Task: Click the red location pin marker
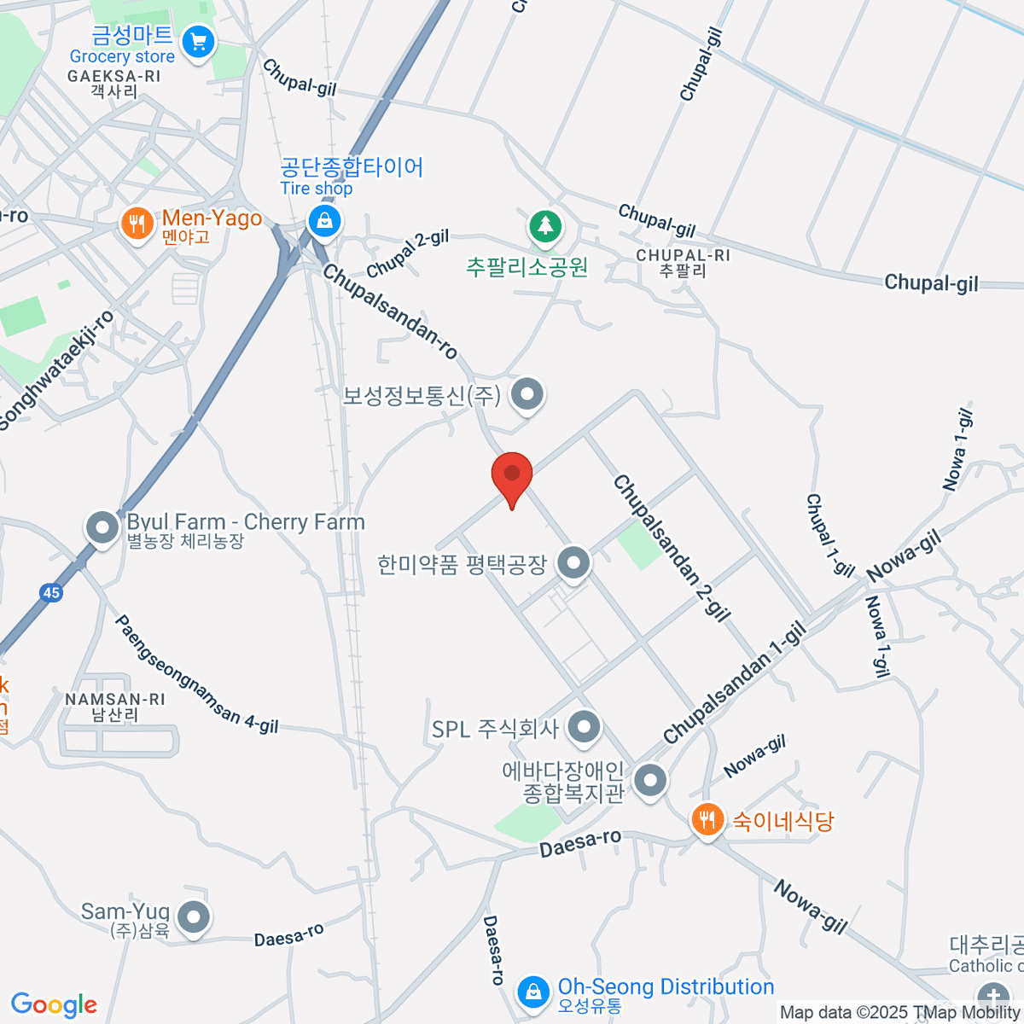pyautogui.click(x=512, y=476)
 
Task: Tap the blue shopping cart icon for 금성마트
pyautogui.click(x=199, y=42)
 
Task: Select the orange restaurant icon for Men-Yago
pyautogui.click(x=137, y=224)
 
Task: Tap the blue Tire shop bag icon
pyautogui.click(x=324, y=223)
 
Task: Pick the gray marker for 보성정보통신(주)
pyautogui.click(x=527, y=395)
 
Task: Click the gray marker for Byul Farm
pyautogui.click(x=102, y=527)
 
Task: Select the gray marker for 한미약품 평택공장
pyautogui.click(x=573, y=563)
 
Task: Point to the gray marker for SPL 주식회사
pyautogui.click(x=585, y=728)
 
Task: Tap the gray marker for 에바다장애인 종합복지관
pyautogui.click(x=651, y=781)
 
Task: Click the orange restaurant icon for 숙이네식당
pyautogui.click(x=707, y=820)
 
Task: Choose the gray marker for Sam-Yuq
pyautogui.click(x=195, y=918)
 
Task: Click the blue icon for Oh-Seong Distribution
pyautogui.click(x=532, y=992)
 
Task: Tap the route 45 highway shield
pyautogui.click(x=51, y=593)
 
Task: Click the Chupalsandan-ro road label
pyautogui.click(x=390, y=312)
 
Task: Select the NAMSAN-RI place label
pyautogui.click(x=115, y=700)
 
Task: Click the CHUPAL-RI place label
pyautogui.click(x=684, y=256)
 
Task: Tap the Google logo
pyautogui.click(x=53, y=1005)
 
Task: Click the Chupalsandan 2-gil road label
pyautogui.click(x=672, y=548)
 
